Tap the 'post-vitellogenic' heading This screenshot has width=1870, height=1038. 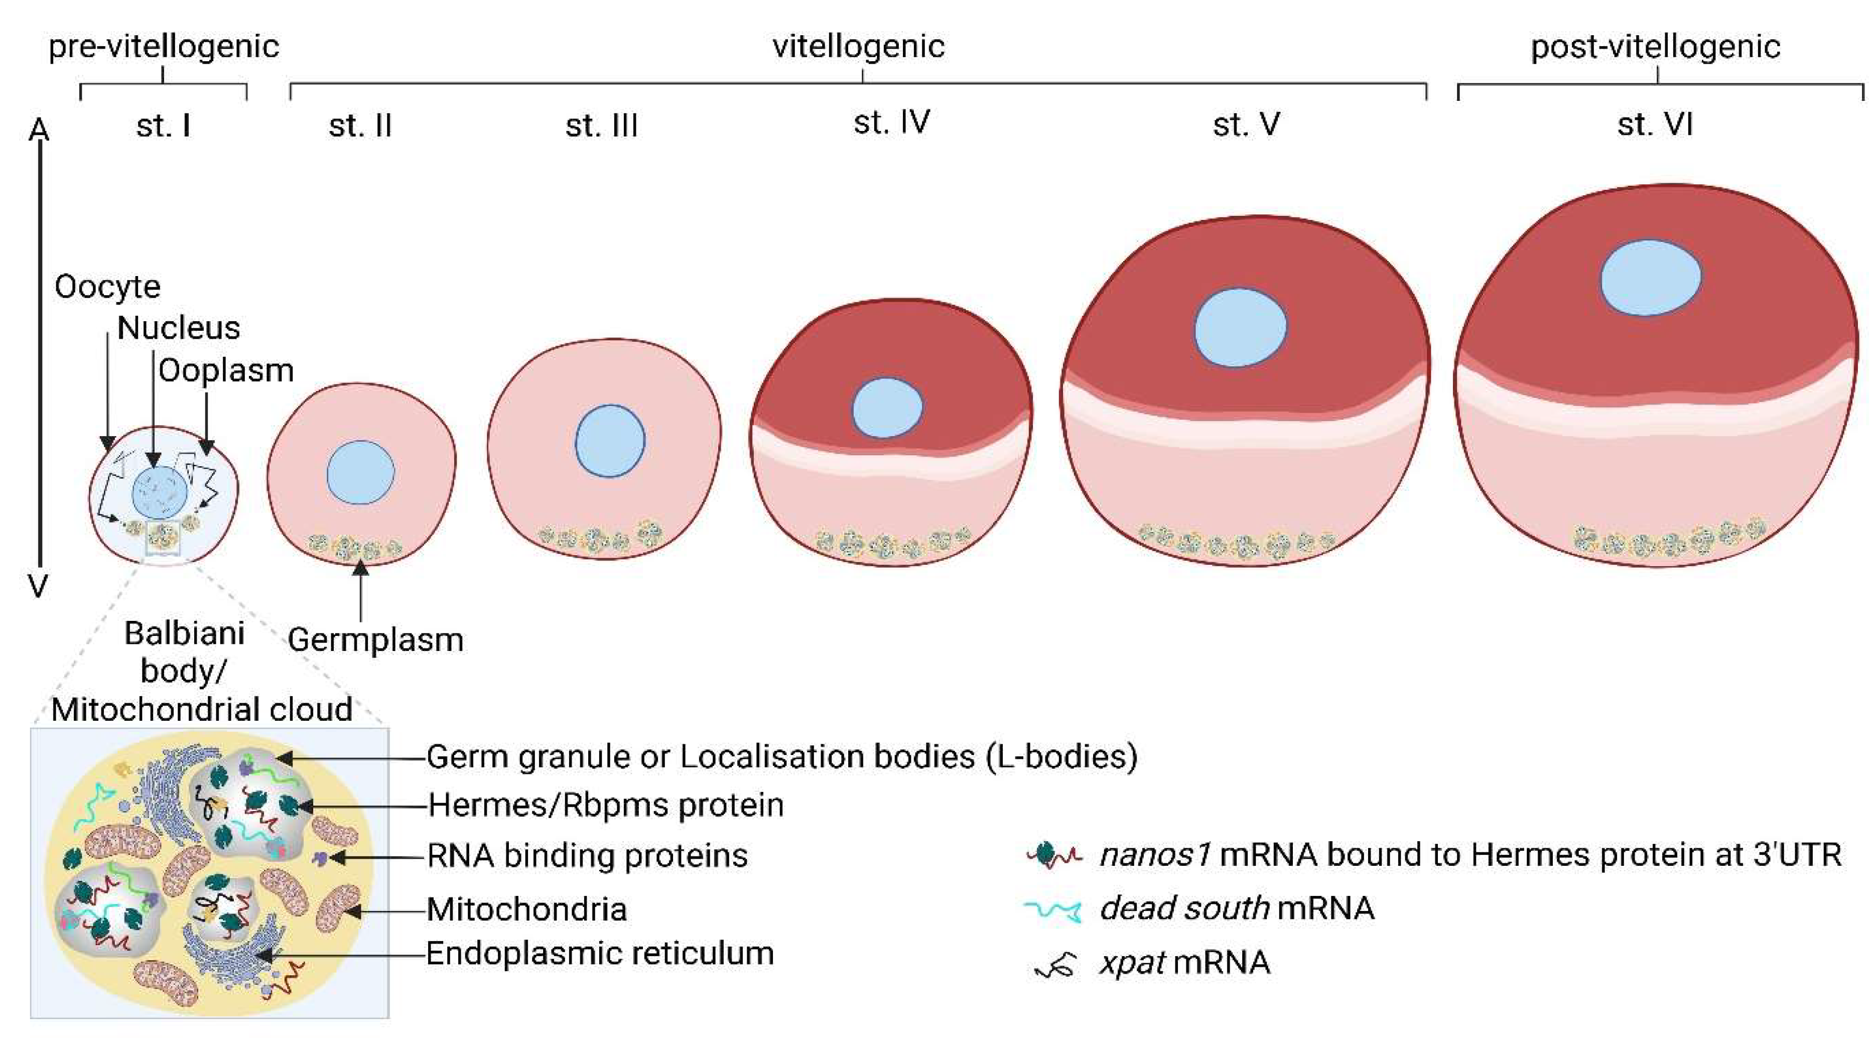[1655, 47]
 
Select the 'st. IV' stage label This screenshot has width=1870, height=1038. [891, 122]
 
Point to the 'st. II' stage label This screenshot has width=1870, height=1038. [360, 125]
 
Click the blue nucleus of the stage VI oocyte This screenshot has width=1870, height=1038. [1650, 278]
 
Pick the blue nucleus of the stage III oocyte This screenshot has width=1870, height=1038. [610, 441]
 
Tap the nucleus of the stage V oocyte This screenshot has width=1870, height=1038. [1240, 327]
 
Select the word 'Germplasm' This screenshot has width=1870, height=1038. [375, 639]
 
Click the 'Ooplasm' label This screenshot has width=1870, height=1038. [226, 371]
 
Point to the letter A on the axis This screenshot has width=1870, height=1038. [39, 131]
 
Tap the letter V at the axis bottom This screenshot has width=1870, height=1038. [38, 585]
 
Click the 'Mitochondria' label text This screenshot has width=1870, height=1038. [526, 909]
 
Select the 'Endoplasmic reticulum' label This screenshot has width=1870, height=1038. [600, 953]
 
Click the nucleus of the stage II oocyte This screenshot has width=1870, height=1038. [360, 472]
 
